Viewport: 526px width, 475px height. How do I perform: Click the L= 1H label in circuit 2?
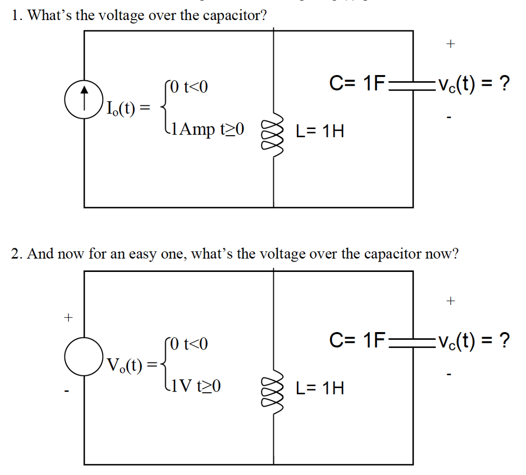coord(320,388)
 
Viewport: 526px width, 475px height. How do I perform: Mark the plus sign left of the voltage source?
coord(67,317)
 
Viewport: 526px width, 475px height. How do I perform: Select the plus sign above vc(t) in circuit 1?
coord(450,44)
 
